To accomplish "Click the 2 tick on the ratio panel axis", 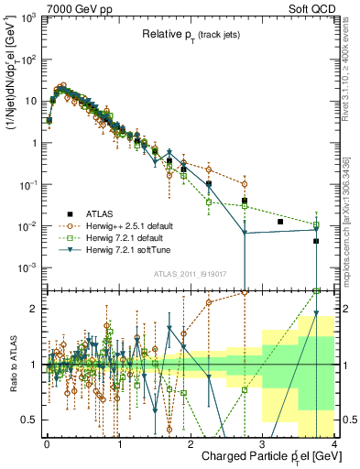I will click(x=34, y=309).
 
